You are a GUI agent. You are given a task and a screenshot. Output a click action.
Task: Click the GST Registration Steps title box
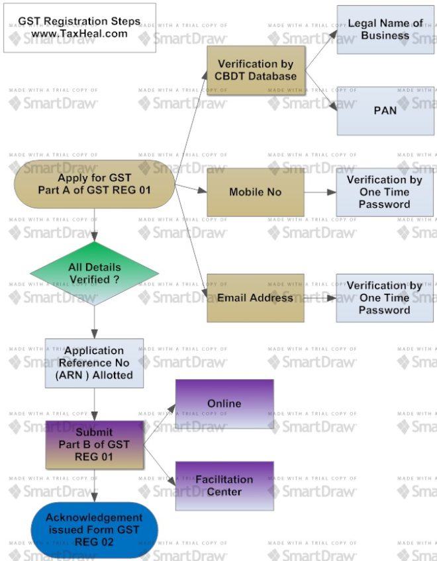pos(79,27)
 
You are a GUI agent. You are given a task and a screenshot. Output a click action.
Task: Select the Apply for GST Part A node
pos(94,184)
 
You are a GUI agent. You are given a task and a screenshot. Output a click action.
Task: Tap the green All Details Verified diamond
pos(95,273)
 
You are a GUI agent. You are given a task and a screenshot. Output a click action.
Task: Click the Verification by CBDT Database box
pos(256,70)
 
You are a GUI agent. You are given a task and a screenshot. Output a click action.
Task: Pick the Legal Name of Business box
pos(385,29)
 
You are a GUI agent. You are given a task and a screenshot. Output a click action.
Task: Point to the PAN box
pos(385,110)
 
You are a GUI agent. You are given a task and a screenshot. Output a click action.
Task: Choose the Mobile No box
pos(256,192)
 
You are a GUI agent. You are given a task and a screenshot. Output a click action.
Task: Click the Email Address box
pos(256,298)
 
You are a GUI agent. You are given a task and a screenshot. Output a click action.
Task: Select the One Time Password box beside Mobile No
pos(384,192)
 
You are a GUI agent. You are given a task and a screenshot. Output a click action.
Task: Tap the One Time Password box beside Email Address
pos(384,298)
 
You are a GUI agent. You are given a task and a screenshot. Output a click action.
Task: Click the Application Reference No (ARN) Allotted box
pos(94,363)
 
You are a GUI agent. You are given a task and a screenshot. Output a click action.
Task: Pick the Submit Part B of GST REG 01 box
pos(94,445)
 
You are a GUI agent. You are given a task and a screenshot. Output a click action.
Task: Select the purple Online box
pos(224,404)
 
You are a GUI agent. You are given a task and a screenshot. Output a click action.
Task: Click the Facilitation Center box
pos(224,486)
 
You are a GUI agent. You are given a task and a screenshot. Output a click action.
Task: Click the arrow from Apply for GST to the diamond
pos(94,225)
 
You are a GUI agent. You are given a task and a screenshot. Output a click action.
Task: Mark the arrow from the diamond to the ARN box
pos(94,322)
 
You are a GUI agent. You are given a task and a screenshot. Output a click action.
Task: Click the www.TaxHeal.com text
pos(79,34)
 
